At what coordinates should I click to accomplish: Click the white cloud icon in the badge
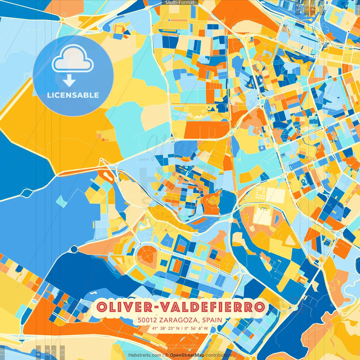[x=73, y=59]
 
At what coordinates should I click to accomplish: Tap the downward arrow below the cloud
[x=69, y=81]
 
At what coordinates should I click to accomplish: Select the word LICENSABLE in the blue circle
[x=73, y=95]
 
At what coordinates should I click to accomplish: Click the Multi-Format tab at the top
[x=180, y=3]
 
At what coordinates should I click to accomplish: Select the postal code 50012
[x=147, y=320]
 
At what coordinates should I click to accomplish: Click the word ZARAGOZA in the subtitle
[x=179, y=320]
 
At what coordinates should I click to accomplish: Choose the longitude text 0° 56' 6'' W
[x=196, y=328]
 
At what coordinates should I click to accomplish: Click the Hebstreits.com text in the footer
[x=145, y=355]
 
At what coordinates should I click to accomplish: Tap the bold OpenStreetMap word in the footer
[x=187, y=355]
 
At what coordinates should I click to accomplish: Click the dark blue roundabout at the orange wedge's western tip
[x=74, y=249]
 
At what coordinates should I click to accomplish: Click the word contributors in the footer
[x=219, y=355]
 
